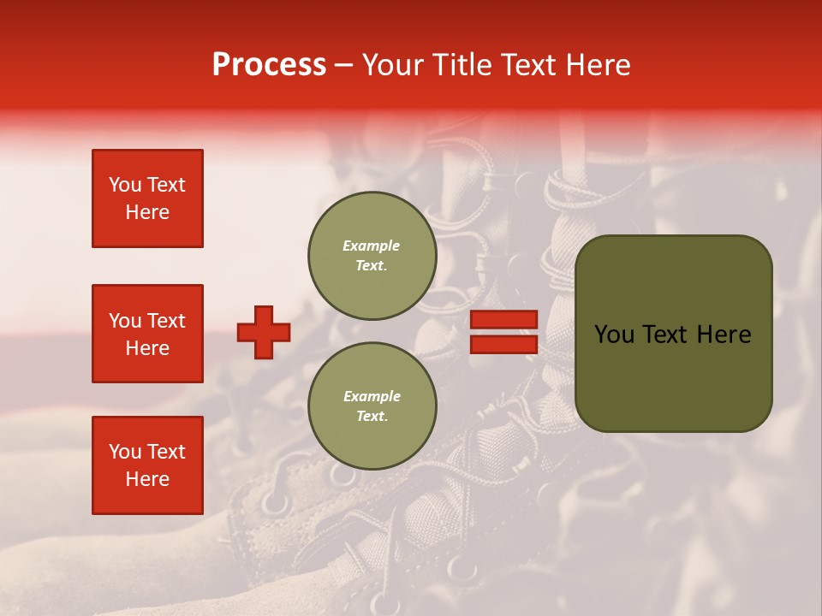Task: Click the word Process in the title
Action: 269,65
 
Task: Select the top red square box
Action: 147,198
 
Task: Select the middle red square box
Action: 147,334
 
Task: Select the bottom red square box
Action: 147,465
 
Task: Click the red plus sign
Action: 264,332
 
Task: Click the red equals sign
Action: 504,332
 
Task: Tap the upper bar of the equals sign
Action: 504,320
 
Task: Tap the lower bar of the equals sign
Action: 504,344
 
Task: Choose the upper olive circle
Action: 372,256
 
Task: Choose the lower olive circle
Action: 372,406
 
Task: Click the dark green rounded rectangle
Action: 673,334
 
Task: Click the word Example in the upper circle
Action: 372,246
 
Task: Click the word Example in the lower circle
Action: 372,396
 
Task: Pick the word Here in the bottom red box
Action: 147,479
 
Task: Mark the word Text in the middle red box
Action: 166,321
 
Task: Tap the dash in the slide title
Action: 343,66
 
